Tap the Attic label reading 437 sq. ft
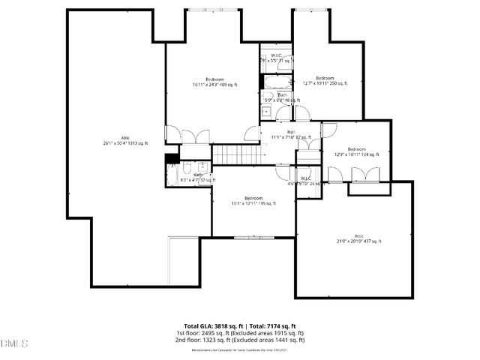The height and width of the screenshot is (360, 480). pyautogui.click(x=358, y=238)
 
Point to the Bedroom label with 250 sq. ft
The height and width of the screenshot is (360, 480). pyautogui.click(x=325, y=80)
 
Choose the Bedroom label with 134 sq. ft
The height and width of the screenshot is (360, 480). pyautogui.click(x=356, y=151)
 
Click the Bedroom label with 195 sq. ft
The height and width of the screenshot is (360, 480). pyautogui.click(x=253, y=200)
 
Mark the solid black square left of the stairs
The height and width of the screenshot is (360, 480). pyautogui.click(x=172, y=158)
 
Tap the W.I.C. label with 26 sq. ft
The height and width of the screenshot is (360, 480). pyautogui.click(x=306, y=181)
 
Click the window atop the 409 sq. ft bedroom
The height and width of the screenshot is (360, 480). pyautogui.click(x=214, y=10)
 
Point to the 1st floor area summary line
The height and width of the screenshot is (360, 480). pyautogui.click(x=240, y=333)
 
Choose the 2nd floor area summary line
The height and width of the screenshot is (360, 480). pyautogui.click(x=240, y=340)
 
